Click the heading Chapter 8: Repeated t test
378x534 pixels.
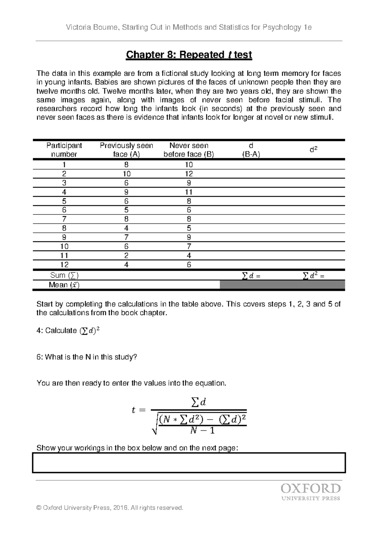[x=189, y=55]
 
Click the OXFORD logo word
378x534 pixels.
[x=310, y=489]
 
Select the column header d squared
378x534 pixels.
[x=313, y=150]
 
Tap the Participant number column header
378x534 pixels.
[x=64, y=150]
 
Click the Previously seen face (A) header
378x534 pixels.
[x=126, y=150]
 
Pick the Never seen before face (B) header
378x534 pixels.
[x=189, y=150]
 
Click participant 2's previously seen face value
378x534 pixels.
[x=127, y=174]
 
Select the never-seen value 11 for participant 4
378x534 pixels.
[x=189, y=192]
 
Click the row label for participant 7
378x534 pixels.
[x=64, y=219]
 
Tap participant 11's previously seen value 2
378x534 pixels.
[x=127, y=256]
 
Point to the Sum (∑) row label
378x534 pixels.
[x=64, y=276]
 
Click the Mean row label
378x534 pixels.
[x=64, y=285]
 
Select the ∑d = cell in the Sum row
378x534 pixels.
[x=251, y=276]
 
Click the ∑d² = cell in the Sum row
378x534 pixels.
[x=313, y=276]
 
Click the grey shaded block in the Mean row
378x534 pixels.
[x=282, y=285]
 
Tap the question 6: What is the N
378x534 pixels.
[x=87, y=357]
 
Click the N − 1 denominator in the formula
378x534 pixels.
[x=203, y=430]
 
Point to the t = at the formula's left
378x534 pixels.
[x=139, y=410]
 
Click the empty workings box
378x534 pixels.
[x=189, y=463]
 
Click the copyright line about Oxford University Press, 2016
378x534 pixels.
[x=110, y=508]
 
